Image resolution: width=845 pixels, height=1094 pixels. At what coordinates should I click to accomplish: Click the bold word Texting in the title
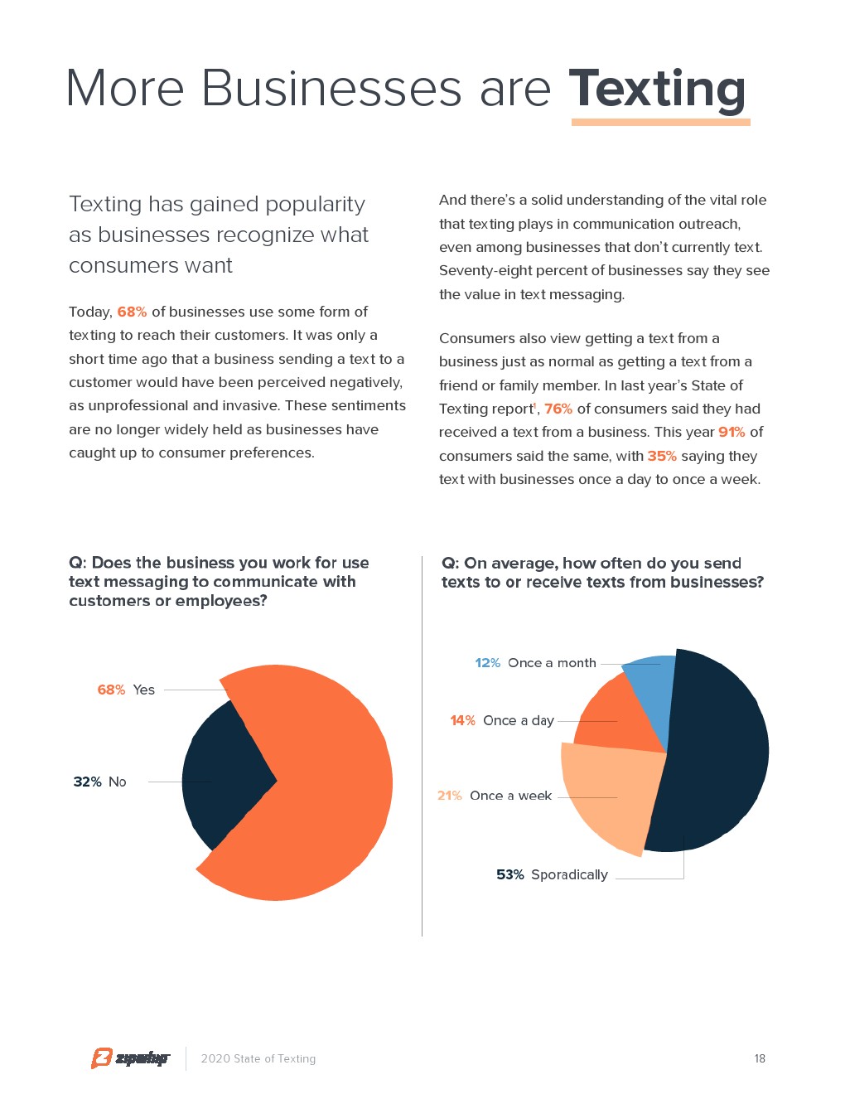pyautogui.click(x=658, y=88)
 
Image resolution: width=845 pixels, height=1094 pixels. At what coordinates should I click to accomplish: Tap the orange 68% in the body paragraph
pyautogui.click(x=132, y=312)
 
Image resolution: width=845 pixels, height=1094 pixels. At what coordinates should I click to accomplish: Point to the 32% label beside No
pyautogui.click(x=87, y=782)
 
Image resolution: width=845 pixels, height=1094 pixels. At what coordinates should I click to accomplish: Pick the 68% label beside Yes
pyautogui.click(x=111, y=690)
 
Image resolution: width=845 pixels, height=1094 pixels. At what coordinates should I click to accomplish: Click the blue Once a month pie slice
pyautogui.click(x=650, y=692)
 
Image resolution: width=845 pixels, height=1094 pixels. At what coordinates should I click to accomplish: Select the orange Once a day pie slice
pyautogui.click(x=617, y=717)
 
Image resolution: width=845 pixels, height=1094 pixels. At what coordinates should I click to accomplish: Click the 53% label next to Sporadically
pyautogui.click(x=510, y=874)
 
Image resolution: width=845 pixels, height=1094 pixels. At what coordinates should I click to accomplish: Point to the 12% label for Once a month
pyautogui.click(x=487, y=663)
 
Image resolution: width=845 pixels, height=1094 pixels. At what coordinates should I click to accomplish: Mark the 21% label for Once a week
pyautogui.click(x=449, y=796)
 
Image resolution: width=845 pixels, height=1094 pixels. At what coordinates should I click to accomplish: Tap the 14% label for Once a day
pyautogui.click(x=462, y=720)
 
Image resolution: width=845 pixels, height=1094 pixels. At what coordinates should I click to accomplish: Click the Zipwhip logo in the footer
pyautogui.click(x=130, y=1058)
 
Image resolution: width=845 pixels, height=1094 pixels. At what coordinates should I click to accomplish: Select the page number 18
pyautogui.click(x=760, y=1058)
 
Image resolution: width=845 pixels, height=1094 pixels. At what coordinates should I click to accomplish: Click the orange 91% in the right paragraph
pyautogui.click(x=732, y=432)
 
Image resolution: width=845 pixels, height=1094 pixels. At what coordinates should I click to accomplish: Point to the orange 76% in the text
pyautogui.click(x=558, y=409)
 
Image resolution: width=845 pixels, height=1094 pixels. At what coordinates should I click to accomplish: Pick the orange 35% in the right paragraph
pyautogui.click(x=662, y=456)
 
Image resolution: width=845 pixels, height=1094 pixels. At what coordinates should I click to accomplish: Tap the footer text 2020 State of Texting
pyautogui.click(x=258, y=1058)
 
